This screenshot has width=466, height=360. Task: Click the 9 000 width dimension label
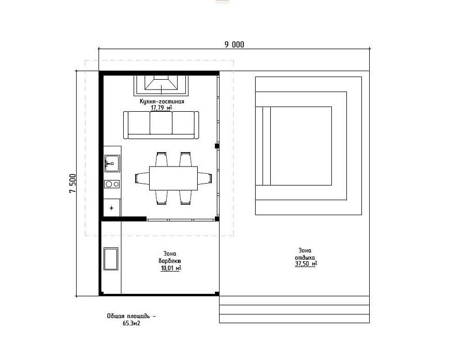234,44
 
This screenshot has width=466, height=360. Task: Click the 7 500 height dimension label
73,183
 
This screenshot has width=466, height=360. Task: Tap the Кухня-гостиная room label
162,101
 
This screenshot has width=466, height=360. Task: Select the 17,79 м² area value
162,108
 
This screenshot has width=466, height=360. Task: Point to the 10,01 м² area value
171,268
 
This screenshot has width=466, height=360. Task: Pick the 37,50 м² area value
306,264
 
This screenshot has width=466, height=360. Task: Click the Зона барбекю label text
170,257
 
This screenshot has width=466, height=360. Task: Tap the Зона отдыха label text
305,254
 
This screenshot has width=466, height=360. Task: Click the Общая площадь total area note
132,320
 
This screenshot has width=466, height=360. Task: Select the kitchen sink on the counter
112,163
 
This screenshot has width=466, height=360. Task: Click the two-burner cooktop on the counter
112,184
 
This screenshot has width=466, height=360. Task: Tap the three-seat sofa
161,125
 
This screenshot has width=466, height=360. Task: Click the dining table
173,178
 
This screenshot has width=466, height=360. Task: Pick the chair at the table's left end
142,178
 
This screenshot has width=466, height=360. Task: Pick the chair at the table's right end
205,178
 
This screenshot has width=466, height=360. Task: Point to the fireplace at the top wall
161,85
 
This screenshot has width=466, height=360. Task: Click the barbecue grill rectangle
111,259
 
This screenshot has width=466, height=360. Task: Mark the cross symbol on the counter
111,208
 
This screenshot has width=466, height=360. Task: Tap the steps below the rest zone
294,309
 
